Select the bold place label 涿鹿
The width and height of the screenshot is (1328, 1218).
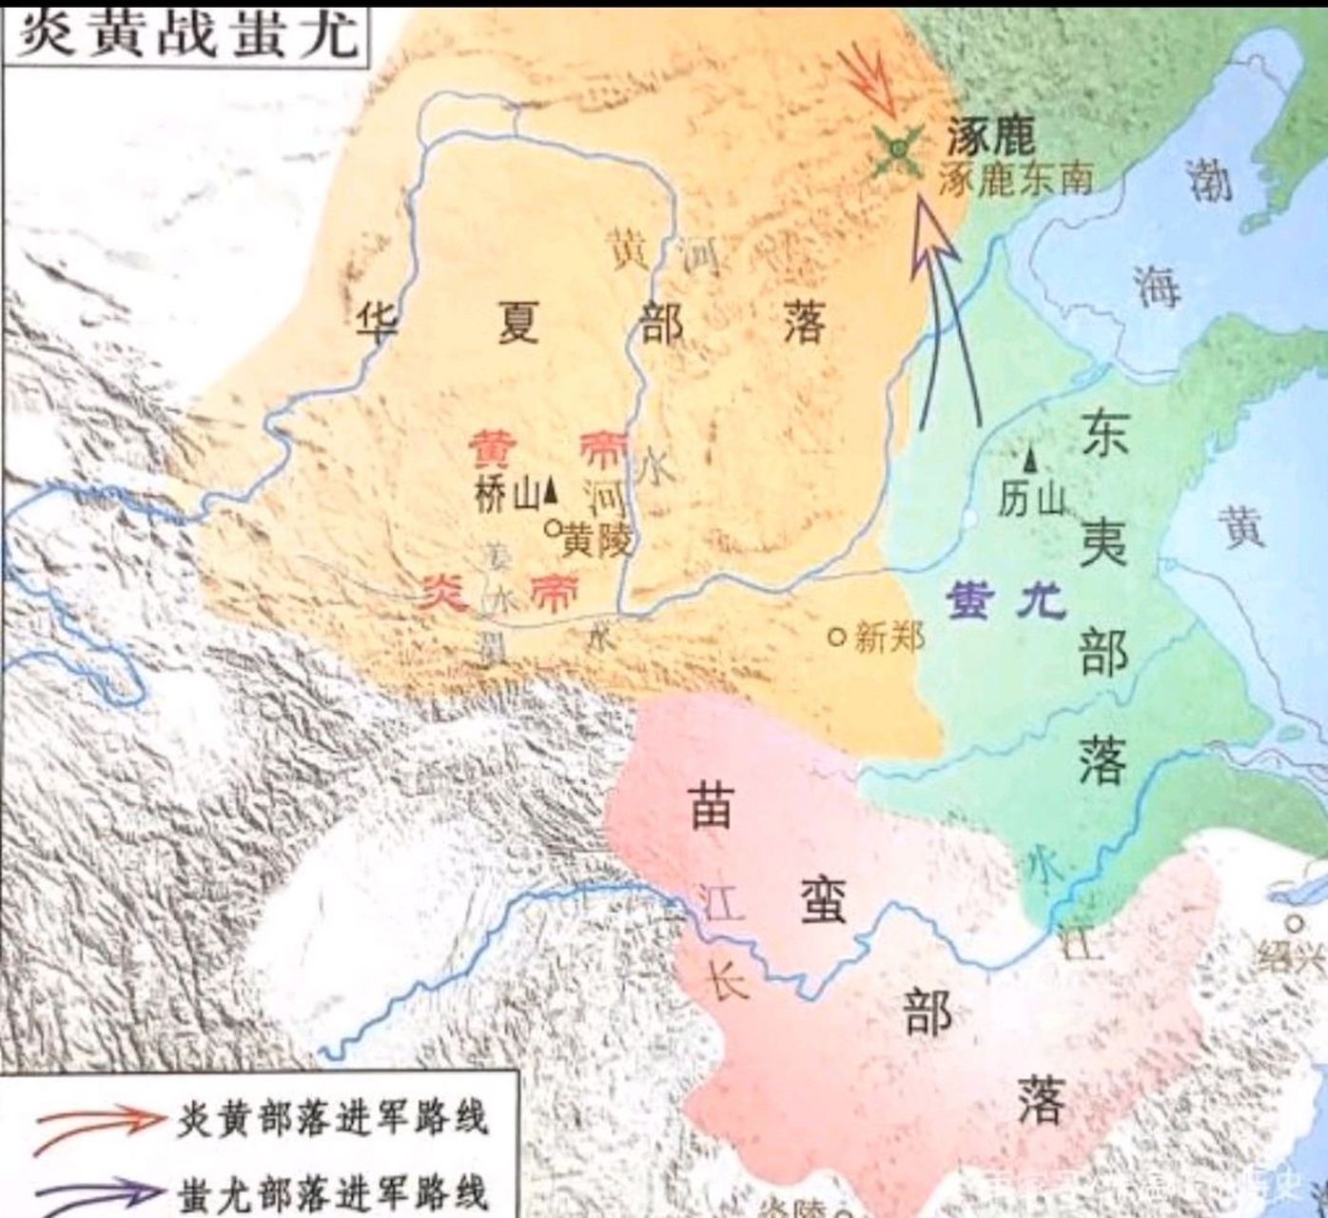click(x=989, y=139)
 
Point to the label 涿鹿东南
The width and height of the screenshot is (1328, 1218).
click(x=1015, y=179)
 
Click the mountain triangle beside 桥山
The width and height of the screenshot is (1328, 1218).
click(x=550, y=493)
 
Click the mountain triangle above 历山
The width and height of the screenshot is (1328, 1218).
click(x=1030, y=460)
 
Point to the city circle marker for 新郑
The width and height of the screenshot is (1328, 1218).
click(x=837, y=636)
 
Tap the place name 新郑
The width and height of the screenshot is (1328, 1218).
click(x=889, y=636)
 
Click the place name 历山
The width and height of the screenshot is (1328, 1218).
click(x=1030, y=497)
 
